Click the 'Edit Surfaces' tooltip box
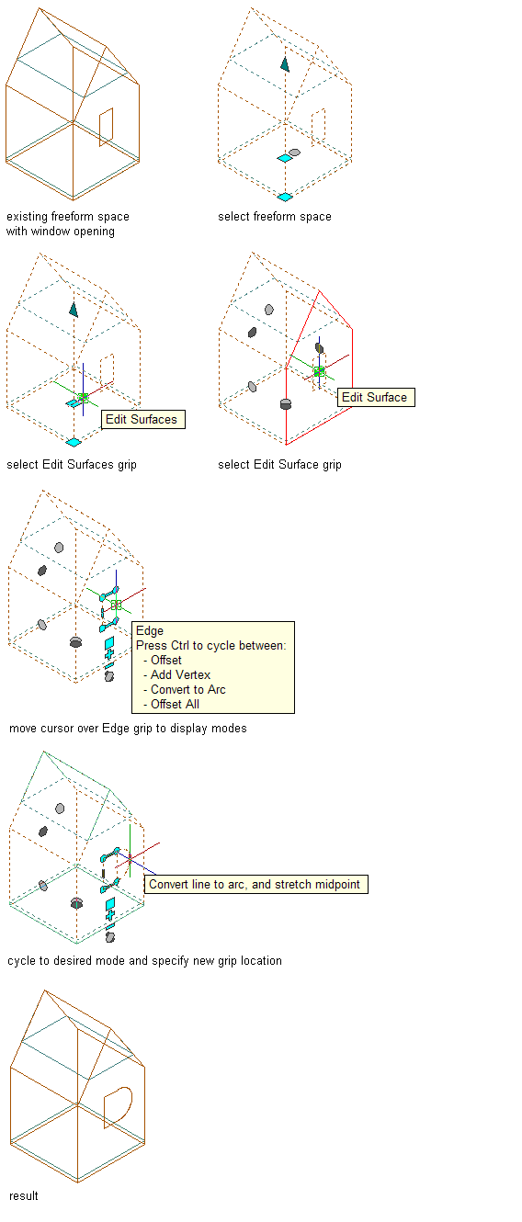(143, 420)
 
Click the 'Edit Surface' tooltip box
(376, 397)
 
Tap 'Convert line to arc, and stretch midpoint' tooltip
(255, 884)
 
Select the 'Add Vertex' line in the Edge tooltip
(180, 674)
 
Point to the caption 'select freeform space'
(275, 217)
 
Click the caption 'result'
(24, 1196)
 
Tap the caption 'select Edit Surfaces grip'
(72, 465)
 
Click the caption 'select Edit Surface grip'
(279, 465)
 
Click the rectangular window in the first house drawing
(107, 127)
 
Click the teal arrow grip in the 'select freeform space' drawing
(285, 64)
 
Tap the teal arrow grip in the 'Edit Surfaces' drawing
(74, 310)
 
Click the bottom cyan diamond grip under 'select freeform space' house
(285, 197)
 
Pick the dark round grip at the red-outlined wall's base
(286, 404)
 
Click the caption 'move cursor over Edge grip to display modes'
(128, 729)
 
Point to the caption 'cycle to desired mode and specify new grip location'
(144, 961)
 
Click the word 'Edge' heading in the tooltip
(150, 631)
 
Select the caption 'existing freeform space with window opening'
(68, 223)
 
